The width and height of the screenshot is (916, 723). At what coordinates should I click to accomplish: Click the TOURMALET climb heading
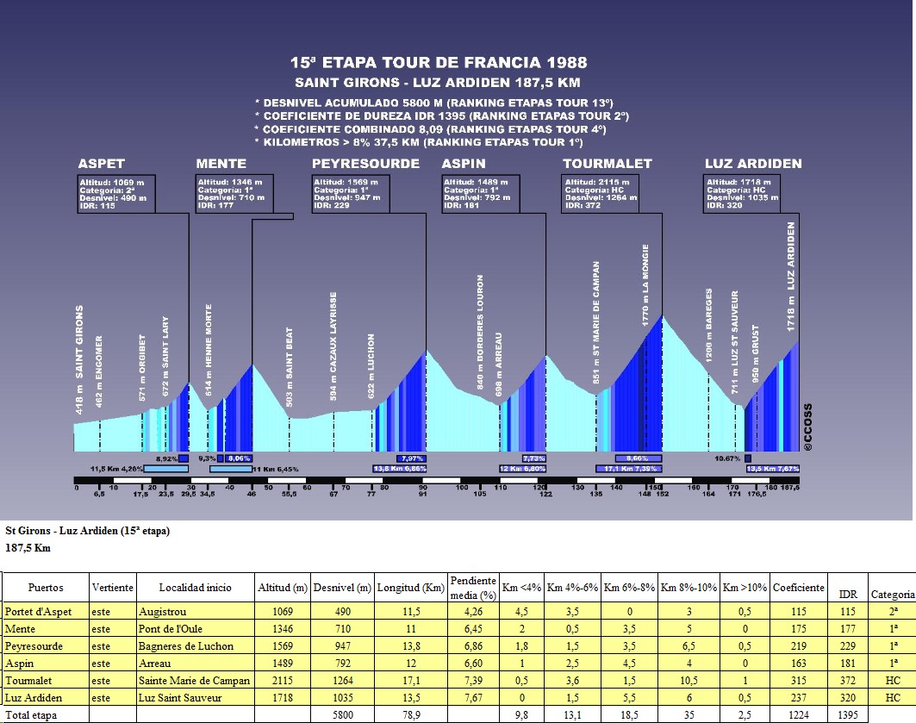[x=608, y=164]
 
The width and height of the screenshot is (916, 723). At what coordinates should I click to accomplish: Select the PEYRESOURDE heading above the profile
[x=365, y=164]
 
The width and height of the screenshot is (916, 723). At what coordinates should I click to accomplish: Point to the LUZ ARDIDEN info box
[x=742, y=194]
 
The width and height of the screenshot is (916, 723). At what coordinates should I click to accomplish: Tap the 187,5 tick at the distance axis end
[x=789, y=488]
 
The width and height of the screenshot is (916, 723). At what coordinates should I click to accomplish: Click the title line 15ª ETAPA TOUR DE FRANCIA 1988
[x=439, y=63]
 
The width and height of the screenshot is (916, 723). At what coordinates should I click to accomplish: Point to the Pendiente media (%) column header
[x=473, y=588]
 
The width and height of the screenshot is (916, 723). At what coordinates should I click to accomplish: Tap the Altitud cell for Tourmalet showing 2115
[x=283, y=681]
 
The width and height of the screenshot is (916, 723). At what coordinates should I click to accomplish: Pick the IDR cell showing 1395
[x=847, y=715]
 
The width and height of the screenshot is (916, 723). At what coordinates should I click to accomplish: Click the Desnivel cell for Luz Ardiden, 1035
[x=342, y=698]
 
